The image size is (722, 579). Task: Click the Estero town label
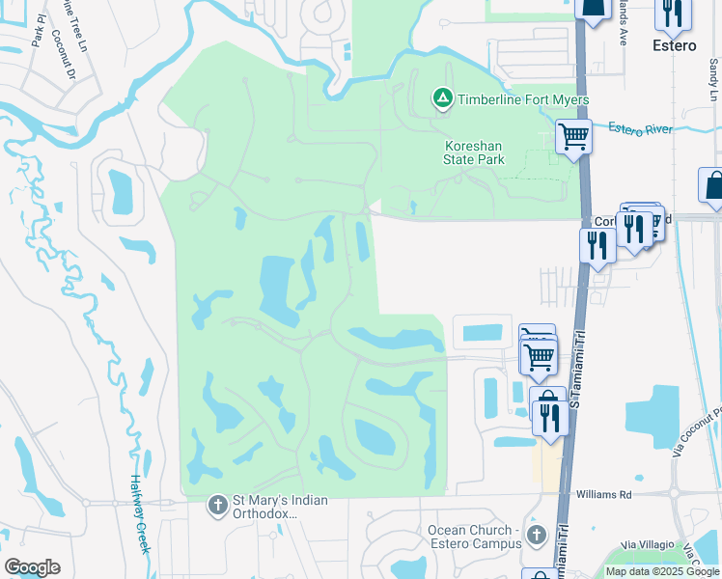(x=674, y=46)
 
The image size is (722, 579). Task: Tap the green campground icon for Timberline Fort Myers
(x=442, y=98)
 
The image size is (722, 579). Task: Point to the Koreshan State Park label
(x=475, y=152)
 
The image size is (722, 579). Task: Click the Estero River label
(x=640, y=128)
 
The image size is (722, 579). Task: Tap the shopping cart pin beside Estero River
(x=573, y=137)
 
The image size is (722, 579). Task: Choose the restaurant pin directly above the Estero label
(x=673, y=12)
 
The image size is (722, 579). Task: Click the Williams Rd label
(x=604, y=493)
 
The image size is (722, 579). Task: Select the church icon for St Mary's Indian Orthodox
(x=218, y=505)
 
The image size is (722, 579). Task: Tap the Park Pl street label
(x=38, y=34)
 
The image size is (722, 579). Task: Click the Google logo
(x=32, y=567)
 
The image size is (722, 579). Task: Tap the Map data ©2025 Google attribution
(x=662, y=571)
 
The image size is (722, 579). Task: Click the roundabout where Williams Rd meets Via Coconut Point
(x=676, y=493)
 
